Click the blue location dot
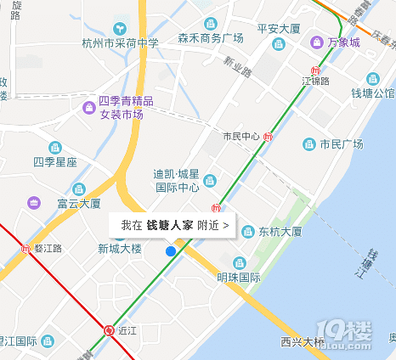[x=171, y=251]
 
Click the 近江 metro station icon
[x=109, y=330]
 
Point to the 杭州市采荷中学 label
[x=120, y=42]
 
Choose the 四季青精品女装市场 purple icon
[x=88, y=108]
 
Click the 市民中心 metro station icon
[x=269, y=136]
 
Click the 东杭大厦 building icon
[x=248, y=231]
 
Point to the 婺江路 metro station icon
[x=25, y=249]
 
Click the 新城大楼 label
[x=119, y=249]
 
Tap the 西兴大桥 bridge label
[x=303, y=342]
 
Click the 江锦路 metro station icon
[x=316, y=70]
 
